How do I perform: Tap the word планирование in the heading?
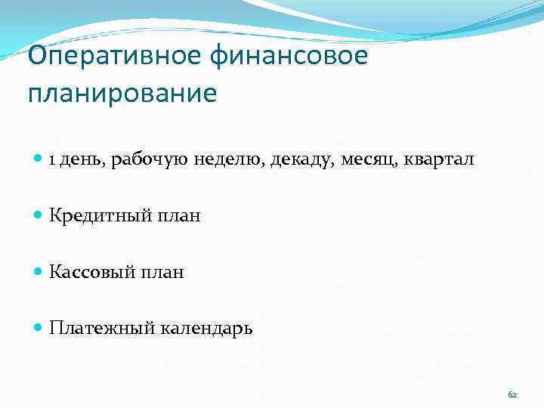click(122, 94)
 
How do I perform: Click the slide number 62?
click(512, 394)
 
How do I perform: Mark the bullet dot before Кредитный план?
click(39, 216)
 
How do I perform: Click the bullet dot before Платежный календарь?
click(39, 328)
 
